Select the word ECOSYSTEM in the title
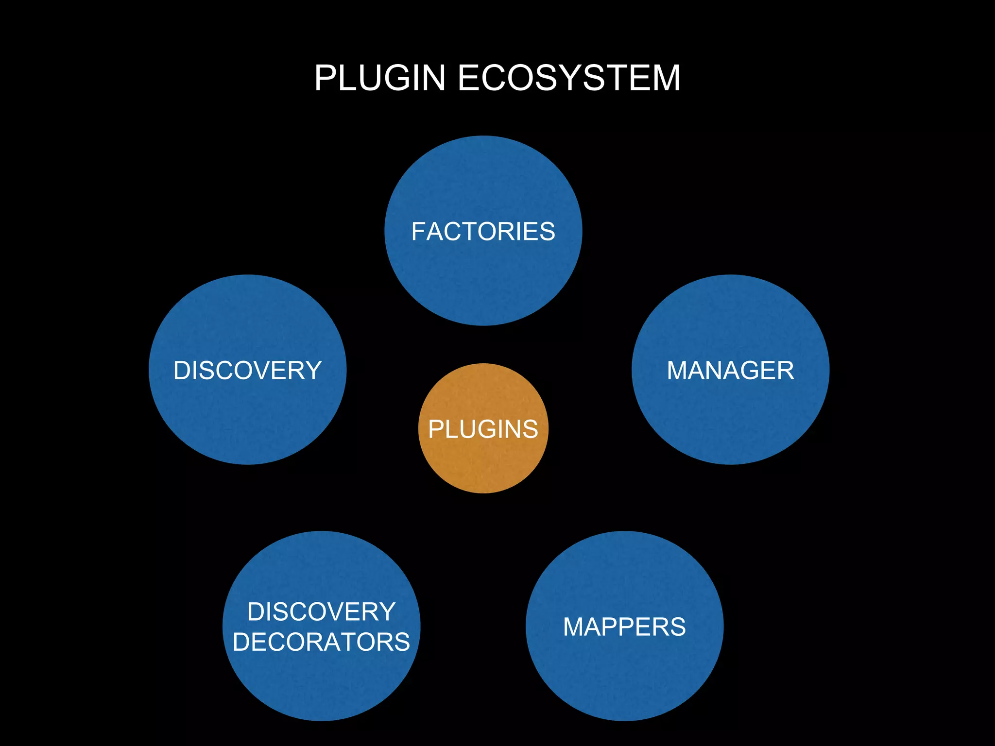569,78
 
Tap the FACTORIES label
483,231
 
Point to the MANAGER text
730,371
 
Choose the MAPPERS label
624,627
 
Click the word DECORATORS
321,642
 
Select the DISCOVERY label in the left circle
247,371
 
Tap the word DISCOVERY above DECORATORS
321,612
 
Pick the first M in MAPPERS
574,627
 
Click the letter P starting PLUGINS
436,429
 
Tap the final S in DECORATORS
402,642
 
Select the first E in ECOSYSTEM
469,78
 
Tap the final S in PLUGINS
530,429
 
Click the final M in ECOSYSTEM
665,78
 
